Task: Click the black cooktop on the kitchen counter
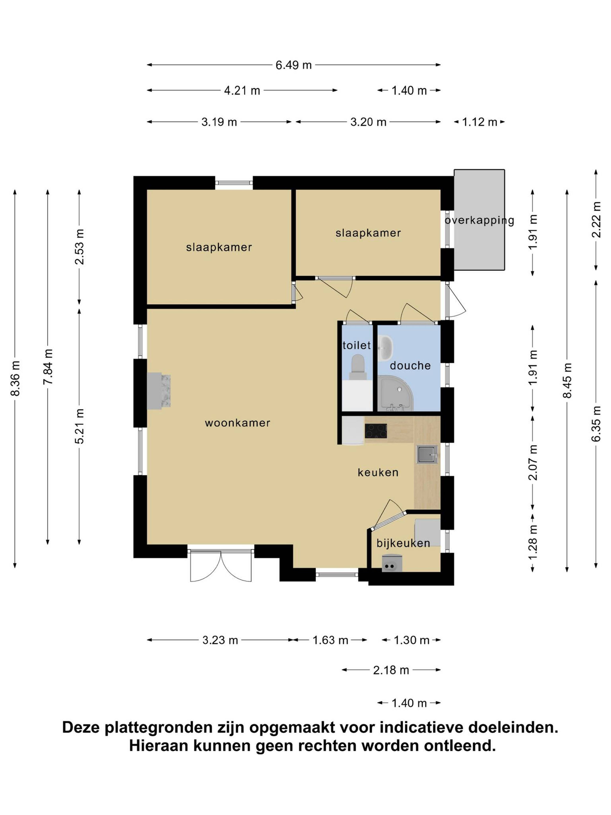click(x=376, y=431)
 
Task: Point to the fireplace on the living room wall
click(x=159, y=390)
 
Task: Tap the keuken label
click(x=378, y=472)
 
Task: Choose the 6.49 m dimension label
click(x=294, y=65)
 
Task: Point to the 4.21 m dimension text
click(x=242, y=90)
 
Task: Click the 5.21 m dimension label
click(x=80, y=426)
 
